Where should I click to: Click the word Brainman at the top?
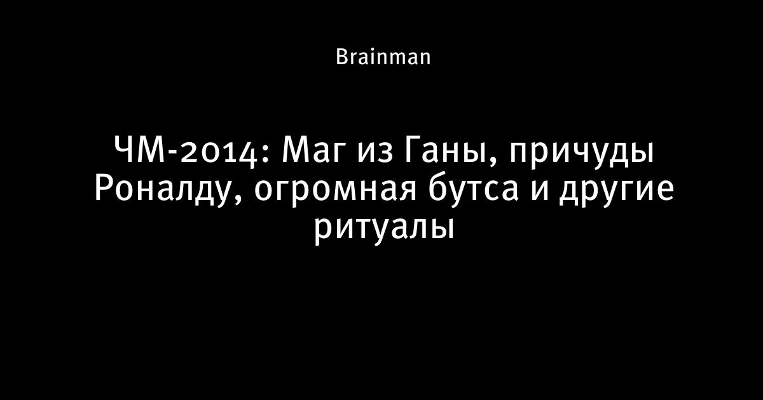tap(383, 57)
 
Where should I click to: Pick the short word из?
tap(375, 154)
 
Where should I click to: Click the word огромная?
tap(335, 193)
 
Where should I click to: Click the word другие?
tap(617, 193)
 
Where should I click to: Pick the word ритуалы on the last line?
tap(384, 231)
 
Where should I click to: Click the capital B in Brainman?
tap(341, 57)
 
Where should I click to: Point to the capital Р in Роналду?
tap(103, 188)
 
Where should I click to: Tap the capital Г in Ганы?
tap(413, 150)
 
